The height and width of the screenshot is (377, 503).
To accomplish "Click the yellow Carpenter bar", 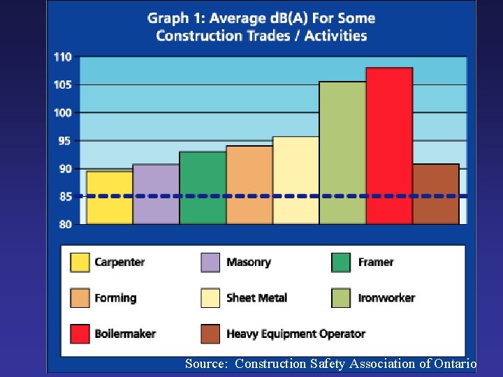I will (110, 198).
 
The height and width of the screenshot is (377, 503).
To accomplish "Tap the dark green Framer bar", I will (203, 188).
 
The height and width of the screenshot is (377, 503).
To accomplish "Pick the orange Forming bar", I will (249, 185).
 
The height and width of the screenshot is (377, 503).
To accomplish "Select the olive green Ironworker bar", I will (342, 153).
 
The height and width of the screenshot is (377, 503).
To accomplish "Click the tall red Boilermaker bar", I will (389, 146).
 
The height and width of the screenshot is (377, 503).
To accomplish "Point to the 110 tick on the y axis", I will (63, 57).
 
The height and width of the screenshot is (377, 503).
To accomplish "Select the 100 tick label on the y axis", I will (63, 113).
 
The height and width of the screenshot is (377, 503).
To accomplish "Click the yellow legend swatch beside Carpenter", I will (80, 263).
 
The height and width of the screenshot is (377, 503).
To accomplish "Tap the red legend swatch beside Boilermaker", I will (80, 334).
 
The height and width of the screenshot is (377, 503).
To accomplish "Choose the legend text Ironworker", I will (386, 298).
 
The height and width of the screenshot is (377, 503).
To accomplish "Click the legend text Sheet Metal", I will (256, 298).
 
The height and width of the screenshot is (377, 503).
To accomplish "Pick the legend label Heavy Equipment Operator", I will (296, 334).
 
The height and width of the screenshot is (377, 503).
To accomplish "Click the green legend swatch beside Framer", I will (341, 263).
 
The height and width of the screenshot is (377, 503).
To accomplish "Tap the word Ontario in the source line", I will (455, 364).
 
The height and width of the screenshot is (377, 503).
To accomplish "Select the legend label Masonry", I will (248, 263).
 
